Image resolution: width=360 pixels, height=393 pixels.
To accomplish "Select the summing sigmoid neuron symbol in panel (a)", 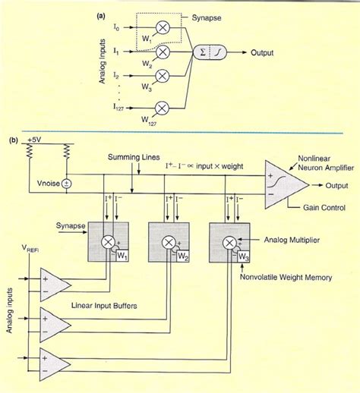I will [205, 53].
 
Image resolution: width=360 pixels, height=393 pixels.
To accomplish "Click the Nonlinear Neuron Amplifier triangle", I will [281, 185].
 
